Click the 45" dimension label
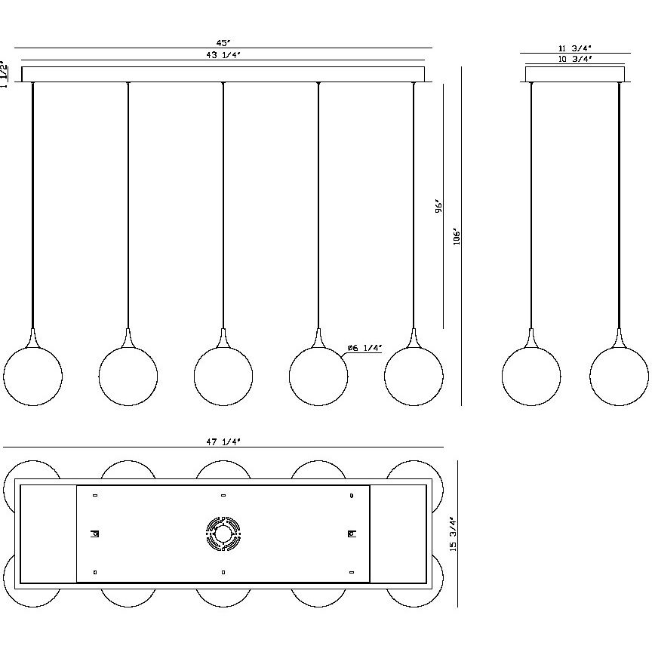(x=223, y=43)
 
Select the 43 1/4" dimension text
(x=223, y=55)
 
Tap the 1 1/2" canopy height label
(x=4, y=74)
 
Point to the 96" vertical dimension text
(x=438, y=206)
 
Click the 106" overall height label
(x=457, y=236)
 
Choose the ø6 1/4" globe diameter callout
(x=364, y=348)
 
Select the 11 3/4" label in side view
(x=575, y=48)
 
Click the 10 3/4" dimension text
(x=575, y=59)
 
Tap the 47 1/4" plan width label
(x=223, y=441)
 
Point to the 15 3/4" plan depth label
(x=454, y=534)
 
